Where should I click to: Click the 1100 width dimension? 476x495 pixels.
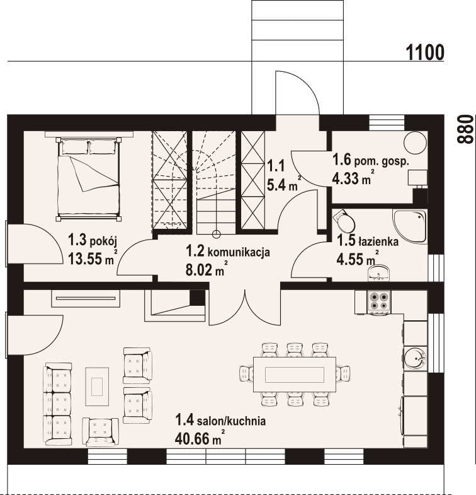pos(425,52)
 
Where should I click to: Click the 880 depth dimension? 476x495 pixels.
pos(465,129)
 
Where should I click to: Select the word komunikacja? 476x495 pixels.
pos(239,252)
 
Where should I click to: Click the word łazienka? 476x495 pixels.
pos(378,242)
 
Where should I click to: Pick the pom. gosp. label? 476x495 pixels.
pos(382,161)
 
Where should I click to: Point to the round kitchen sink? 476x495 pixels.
pos(416,359)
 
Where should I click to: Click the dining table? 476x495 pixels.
pos(295,375)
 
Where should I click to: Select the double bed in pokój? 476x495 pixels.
pos(88,178)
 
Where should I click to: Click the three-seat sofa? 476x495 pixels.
pos(57,404)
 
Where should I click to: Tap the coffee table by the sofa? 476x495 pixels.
pos(97,387)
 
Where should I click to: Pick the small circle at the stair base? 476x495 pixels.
pos(216,234)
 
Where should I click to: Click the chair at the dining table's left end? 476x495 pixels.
pos(247,375)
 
